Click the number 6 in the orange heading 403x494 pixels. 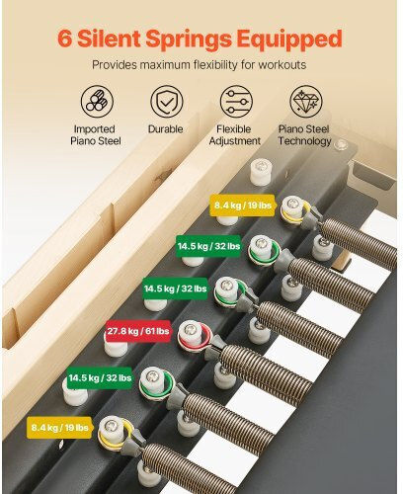pyautogui.click(x=65, y=39)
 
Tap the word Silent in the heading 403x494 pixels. pyautogui.click(x=110, y=39)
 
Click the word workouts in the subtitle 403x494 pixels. pyautogui.click(x=282, y=65)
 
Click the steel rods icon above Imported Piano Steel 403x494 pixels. pyautogui.click(x=97, y=102)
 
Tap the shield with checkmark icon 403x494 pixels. pyautogui.click(x=167, y=102)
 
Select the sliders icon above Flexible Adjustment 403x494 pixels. pyautogui.click(x=236, y=102)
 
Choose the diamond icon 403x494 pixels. pyautogui.click(x=306, y=102)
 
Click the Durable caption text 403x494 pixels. pyautogui.click(x=165, y=129)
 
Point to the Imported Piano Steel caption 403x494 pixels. pyautogui.click(x=96, y=135)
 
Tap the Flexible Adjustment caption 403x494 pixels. pyautogui.click(x=234, y=135)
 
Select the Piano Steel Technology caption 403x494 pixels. pyautogui.click(x=304, y=135)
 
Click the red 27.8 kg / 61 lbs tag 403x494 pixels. pyautogui.click(x=138, y=331)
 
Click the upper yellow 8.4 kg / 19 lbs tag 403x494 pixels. pyautogui.click(x=243, y=206)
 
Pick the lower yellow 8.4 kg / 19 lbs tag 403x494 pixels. pyautogui.click(x=60, y=428)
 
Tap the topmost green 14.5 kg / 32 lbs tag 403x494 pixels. pyautogui.click(x=208, y=246)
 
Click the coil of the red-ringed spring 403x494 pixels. pyautogui.click(x=266, y=373)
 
